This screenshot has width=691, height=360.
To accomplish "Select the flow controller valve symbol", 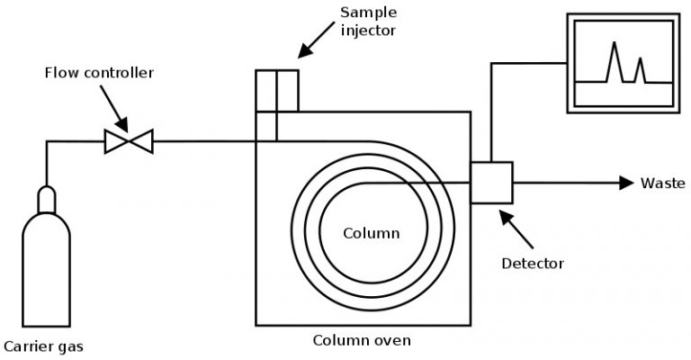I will pos(129,140).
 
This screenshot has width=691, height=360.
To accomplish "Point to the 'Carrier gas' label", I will pos(44,346).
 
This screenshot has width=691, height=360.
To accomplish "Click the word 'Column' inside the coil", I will pos(371,233).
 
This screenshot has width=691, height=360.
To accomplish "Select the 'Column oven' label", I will pos(362,340).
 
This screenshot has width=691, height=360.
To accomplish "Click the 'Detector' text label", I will pos(532,264).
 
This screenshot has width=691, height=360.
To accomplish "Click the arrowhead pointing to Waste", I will pos(626,183).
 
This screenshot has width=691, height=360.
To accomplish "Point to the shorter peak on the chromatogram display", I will pos(640,70).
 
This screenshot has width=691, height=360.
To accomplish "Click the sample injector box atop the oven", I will pos(276,90).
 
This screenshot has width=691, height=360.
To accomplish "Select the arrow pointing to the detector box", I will pos(514,224).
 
